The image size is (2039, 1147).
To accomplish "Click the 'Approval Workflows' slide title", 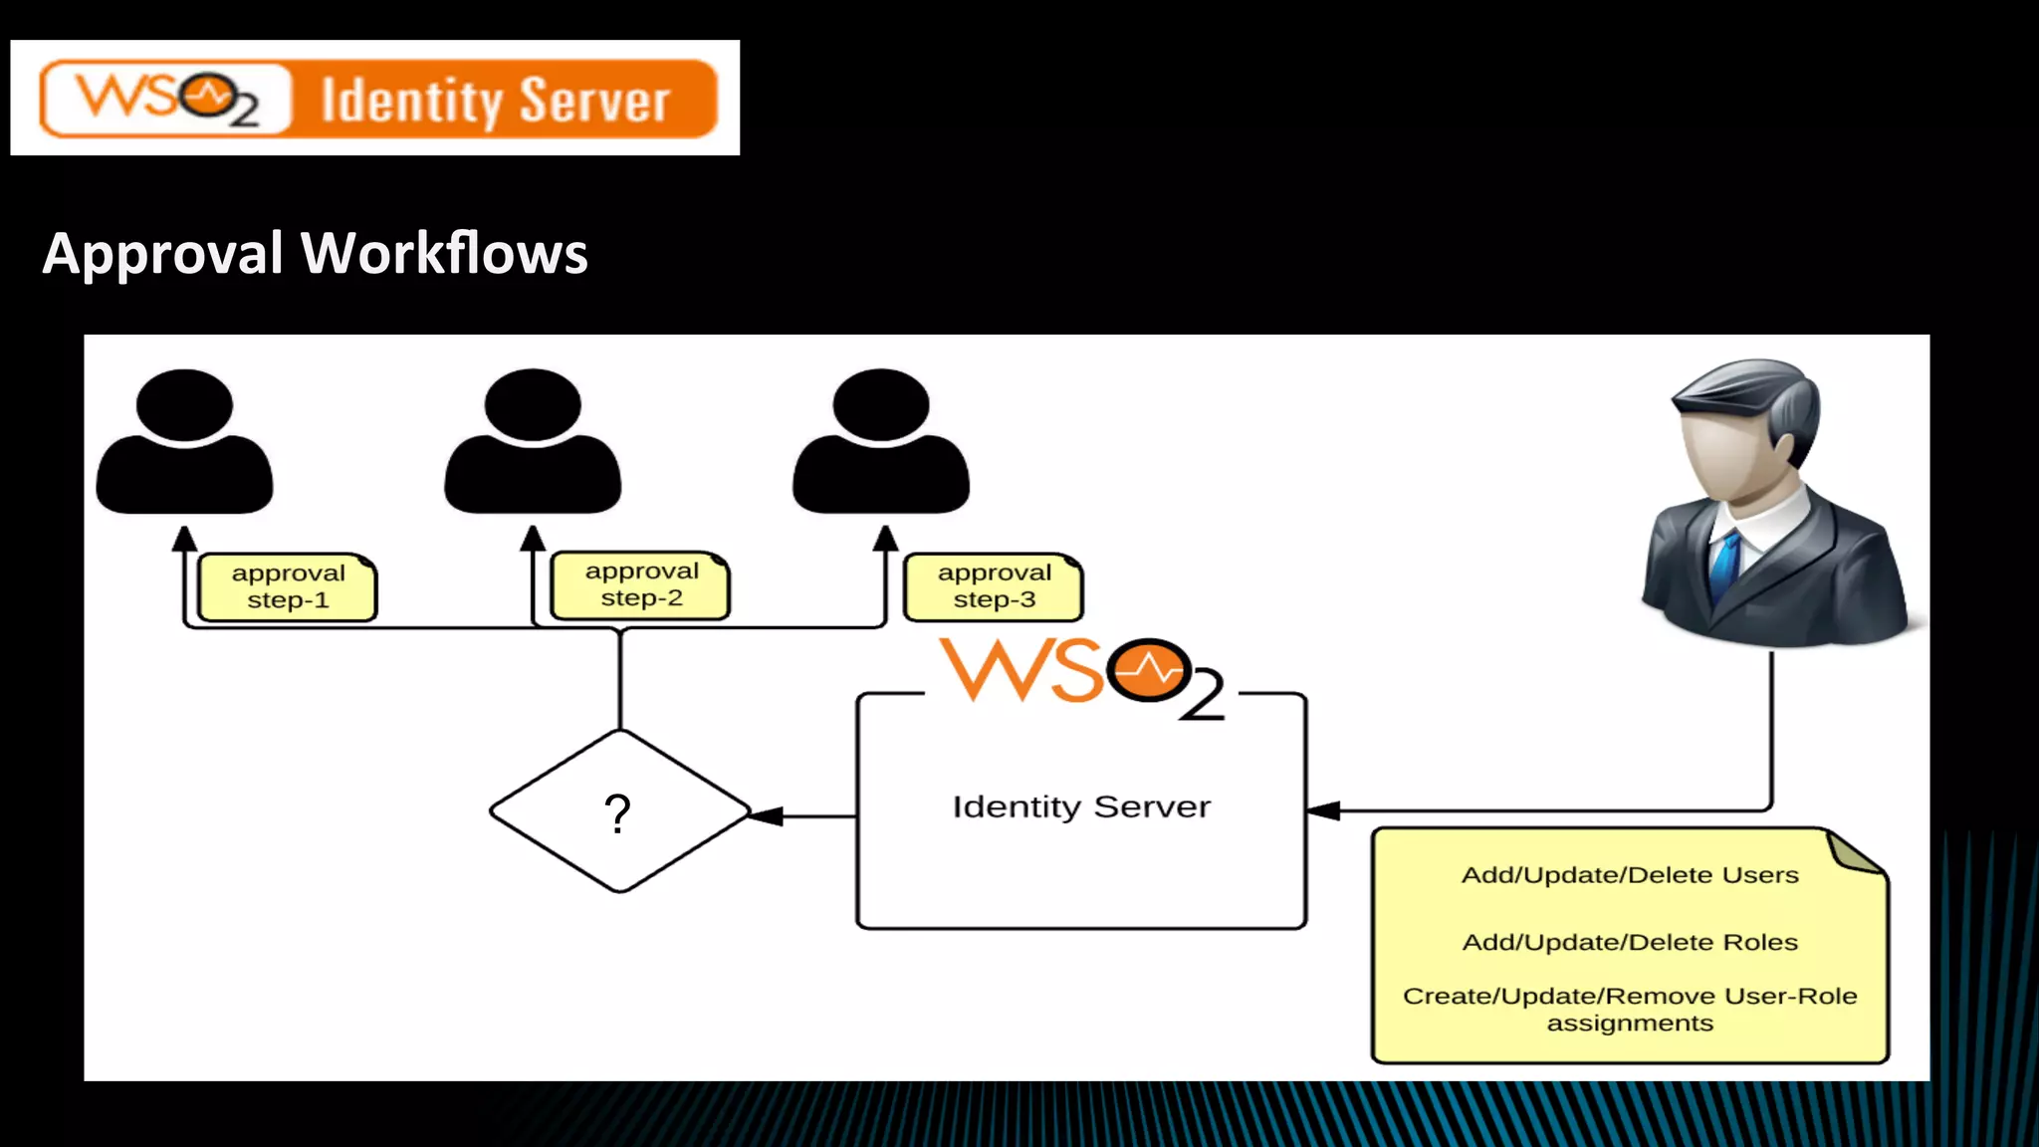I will click(315, 253).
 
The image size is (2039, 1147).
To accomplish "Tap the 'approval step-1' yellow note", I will click(288, 587).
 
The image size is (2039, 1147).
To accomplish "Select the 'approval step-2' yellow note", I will click(641, 585).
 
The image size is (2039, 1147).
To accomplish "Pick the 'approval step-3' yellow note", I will click(994, 586).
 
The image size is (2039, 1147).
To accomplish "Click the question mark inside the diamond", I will click(618, 813).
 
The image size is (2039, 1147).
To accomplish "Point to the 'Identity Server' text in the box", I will click(1081, 806).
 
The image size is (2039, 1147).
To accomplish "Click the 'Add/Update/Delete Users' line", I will click(1630, 875).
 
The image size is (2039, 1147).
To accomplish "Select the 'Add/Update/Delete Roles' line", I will click(1630, 942).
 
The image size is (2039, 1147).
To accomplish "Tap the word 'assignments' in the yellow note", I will click(1630, 1024).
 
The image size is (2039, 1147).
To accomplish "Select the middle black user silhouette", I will click(533, 443).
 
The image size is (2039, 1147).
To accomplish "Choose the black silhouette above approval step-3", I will click(881, 443).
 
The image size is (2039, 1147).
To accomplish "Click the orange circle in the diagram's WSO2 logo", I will click(1149, 670).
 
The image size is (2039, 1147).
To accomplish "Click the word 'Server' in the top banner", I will click(594, 101).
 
